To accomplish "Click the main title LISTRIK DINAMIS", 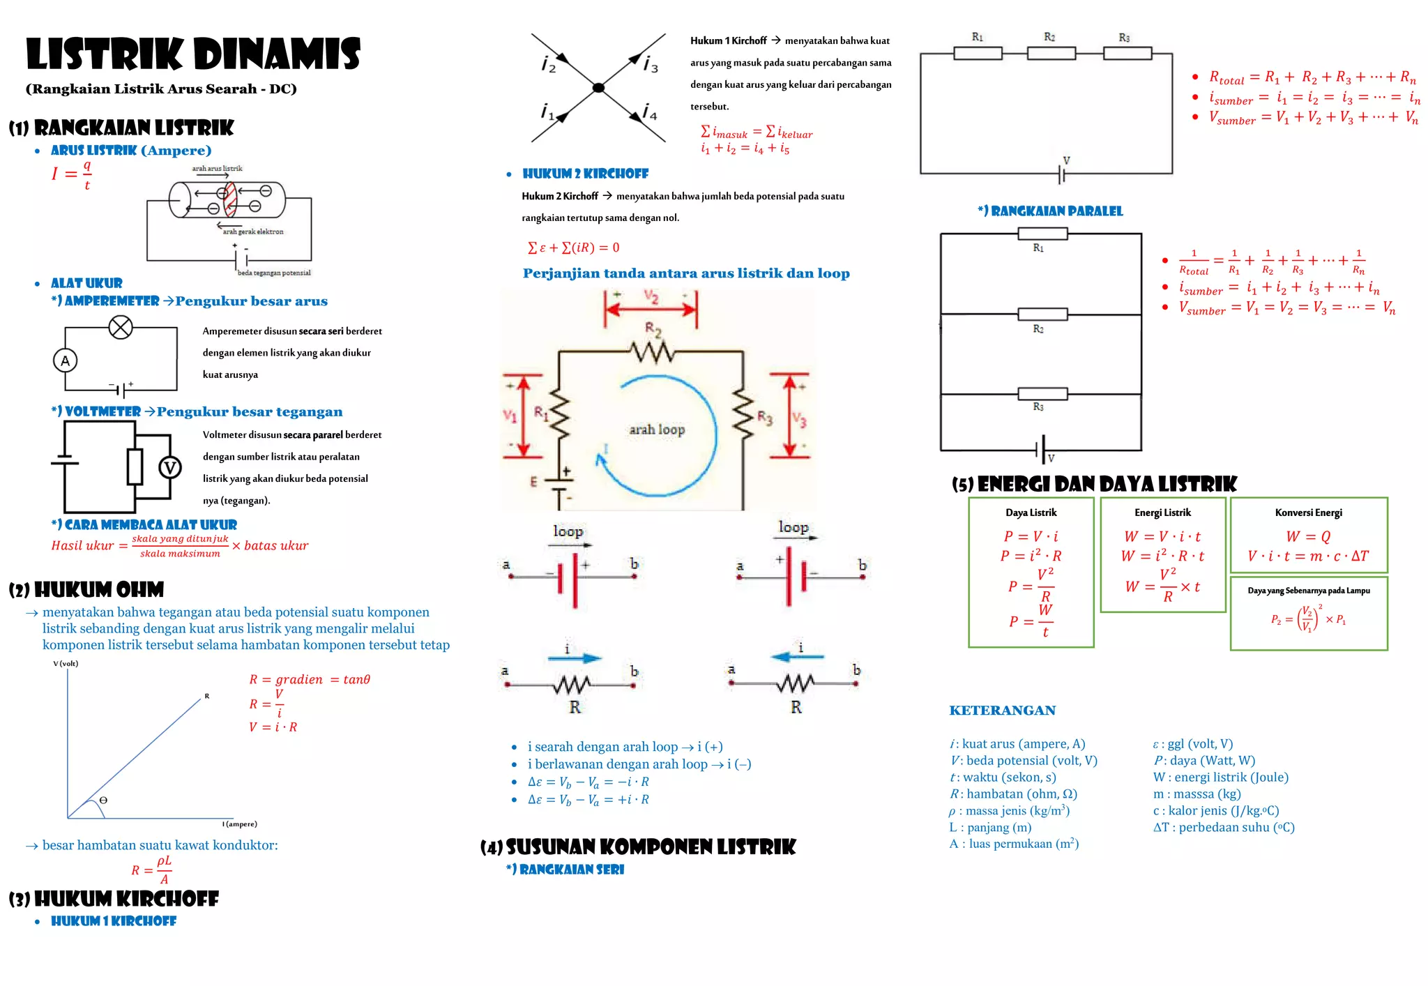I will point(193,54).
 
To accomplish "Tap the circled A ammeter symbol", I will point(66,361).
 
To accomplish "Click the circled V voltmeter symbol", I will point(170,467).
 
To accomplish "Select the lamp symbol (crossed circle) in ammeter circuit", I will point(121,326).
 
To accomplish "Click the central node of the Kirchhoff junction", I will point(598,88).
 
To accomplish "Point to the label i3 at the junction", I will point(651,65).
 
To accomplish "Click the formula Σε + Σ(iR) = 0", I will point(573,248).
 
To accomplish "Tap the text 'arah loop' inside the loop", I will point(657,430).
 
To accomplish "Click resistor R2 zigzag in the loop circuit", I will point(653,352).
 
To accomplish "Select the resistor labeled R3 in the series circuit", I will point(1127,53).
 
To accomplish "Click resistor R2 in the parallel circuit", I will point(1042,314).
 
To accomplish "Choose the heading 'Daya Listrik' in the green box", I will point(1031,513).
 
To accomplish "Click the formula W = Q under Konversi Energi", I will point(1308,536).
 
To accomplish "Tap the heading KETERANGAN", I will point(1002,710).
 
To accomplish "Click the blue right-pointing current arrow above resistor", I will point(575,658).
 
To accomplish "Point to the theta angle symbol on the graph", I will point(103,800).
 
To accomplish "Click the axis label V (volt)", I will point(66,663).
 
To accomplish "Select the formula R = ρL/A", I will point(152,870).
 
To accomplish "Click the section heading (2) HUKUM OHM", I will point(86,590).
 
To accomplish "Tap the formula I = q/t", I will point(71,174).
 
